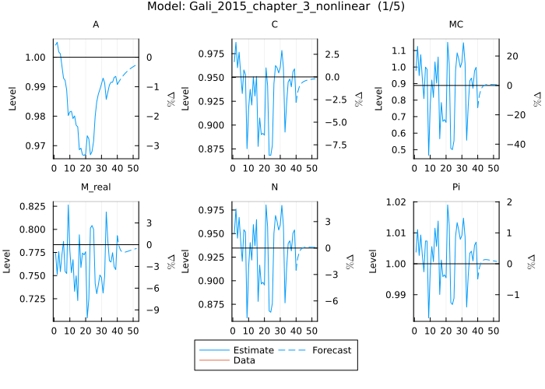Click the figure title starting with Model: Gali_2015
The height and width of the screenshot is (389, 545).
click(272, 7)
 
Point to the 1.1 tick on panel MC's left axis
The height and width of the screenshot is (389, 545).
click(399, 51)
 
